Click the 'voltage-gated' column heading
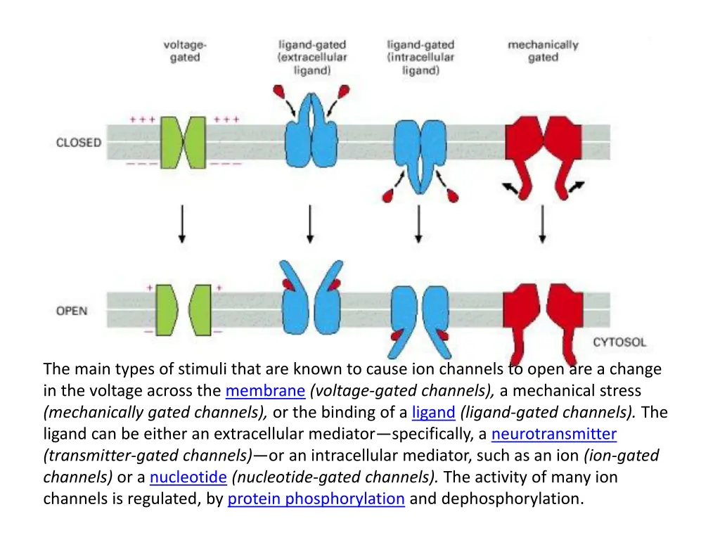click(x=185, y=51)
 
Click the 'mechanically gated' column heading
click(x=543, y=51)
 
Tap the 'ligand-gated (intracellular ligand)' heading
click(x=420, y=58)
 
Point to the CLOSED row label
click(x=79, y=143)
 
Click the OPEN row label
click(x=72, y=310)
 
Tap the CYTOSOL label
click(x=619, y=342)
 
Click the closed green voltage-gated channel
click(x=183, y=142)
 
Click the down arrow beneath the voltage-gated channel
click(x=183, y=224)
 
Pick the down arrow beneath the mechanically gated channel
click(x=542, y=224)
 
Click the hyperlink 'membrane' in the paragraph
click(x=265, y=391)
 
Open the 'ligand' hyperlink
click(x=434, y=413)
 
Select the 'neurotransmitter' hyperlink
click(x=553, y=435)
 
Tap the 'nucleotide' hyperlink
click(x=188, y=477)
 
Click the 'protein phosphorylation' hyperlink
click(x=316, y=499)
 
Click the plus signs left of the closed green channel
click(x=142, y=120)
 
